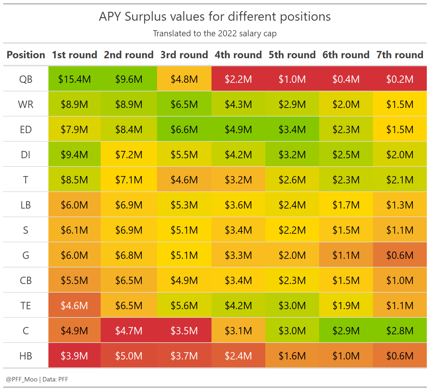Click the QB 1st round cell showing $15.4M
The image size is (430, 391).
(x=74, y=79)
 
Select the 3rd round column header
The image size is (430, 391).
(x=184, y=55)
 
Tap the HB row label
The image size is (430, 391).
(x=26, y=356)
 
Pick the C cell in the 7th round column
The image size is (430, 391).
(x=400, y=331)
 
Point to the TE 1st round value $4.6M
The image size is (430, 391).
(x=74, y=305)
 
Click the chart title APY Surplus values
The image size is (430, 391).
(x=215, y=17)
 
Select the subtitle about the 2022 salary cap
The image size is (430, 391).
(x=215, y=33)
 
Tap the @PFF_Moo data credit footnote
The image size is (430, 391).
(x=37, y=379)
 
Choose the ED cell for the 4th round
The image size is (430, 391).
(x=238, y=129)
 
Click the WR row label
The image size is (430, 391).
(x=26, y=104)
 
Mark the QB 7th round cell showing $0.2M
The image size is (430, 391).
(x=400, y=79)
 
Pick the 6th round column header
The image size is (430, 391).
(x=346, y=55)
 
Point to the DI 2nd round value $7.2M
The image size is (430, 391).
(x=129, y=154)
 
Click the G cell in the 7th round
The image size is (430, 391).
(x=400, y=255)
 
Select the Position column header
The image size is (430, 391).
(x=26, y=55)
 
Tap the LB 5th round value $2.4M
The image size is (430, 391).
(x=292, y=205)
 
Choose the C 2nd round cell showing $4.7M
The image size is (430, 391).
(x=129, y=331)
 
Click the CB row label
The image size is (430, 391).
(x=26, y=280)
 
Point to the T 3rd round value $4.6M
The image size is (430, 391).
(x=184, y=180)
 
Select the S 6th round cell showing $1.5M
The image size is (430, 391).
(x=346, y=230)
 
